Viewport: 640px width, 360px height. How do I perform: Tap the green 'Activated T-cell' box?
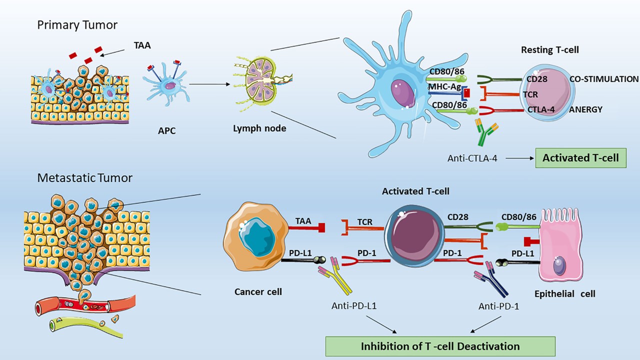coord(580,158)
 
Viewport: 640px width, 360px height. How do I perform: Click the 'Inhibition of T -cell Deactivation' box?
coord(440,346)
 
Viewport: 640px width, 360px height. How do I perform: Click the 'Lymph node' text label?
coord(259,128)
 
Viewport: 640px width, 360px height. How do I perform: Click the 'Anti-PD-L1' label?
coord(353,306)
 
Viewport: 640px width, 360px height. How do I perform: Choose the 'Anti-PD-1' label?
coord(498,306)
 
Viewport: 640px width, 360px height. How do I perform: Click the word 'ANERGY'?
coord(586,110)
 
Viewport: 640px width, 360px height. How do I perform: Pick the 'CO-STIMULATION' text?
coord(604,79)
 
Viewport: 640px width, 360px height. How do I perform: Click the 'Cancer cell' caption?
coord(258,291)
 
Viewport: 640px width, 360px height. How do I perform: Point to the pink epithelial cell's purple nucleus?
coord(559,265)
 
